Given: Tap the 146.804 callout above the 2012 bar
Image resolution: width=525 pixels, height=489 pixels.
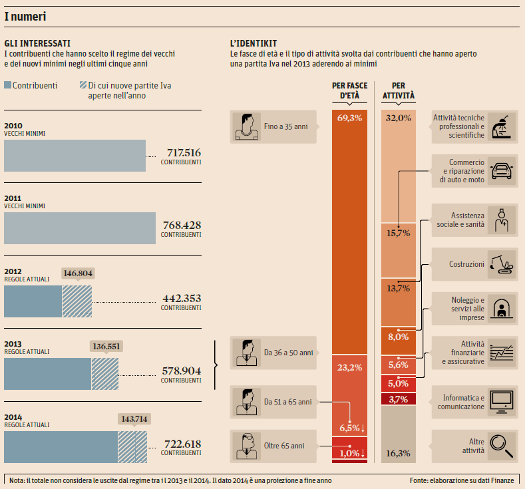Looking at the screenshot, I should tap(77, 273).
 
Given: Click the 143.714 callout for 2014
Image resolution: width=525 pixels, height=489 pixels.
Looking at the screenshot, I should tap(134, 418).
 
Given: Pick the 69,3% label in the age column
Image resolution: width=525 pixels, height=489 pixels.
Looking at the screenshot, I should tap(349, 118).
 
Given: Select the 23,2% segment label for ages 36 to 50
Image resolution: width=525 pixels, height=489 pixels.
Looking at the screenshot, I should tap(349, 367).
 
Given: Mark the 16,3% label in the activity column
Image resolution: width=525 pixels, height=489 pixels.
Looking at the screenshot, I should tap(398, 453).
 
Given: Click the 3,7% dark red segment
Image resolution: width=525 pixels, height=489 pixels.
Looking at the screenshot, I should tap(398, 400).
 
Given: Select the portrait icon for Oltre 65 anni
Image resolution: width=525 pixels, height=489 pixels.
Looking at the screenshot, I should tap(246, 446).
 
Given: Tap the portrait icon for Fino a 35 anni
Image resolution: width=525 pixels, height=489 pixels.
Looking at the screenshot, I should tap(246, 126).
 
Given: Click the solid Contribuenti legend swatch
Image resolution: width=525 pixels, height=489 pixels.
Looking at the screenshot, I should tap(8, 85).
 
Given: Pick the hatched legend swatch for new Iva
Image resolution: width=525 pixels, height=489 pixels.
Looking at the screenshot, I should tap(83, 85).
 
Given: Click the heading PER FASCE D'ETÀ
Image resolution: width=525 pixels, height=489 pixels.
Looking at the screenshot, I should tap(349, 90).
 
